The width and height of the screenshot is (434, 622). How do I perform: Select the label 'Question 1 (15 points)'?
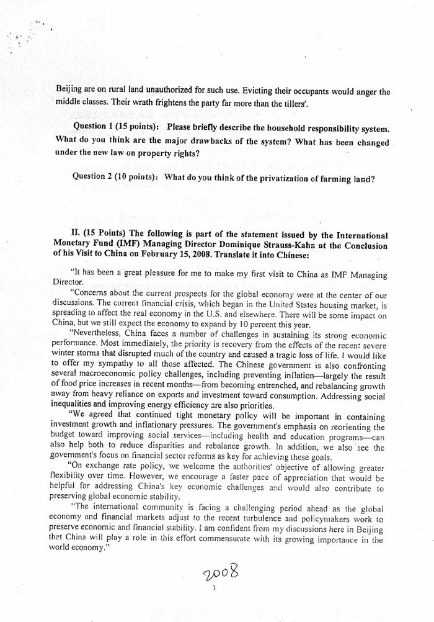[117, 127]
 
